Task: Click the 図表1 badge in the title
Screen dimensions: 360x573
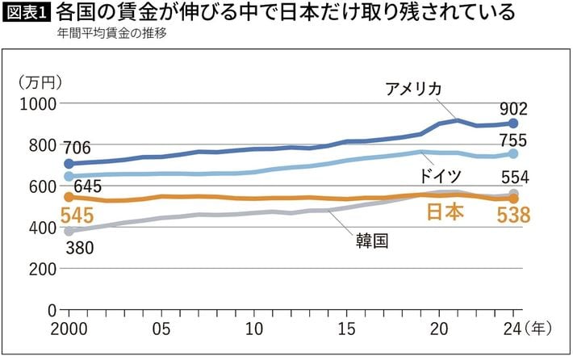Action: tap(27, 14)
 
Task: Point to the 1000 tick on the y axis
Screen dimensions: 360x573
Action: tap(36, 104)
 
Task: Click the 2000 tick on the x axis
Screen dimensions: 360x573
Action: tap(68, 329)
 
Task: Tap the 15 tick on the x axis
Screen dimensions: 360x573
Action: tap(347, 329)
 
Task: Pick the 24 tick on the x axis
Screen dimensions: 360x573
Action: tap(511, 329)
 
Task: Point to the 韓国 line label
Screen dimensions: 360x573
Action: tap(371, 240)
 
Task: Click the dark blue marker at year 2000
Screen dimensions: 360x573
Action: tap(69, 164)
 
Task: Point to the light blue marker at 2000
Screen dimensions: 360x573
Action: tap(69, 176)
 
